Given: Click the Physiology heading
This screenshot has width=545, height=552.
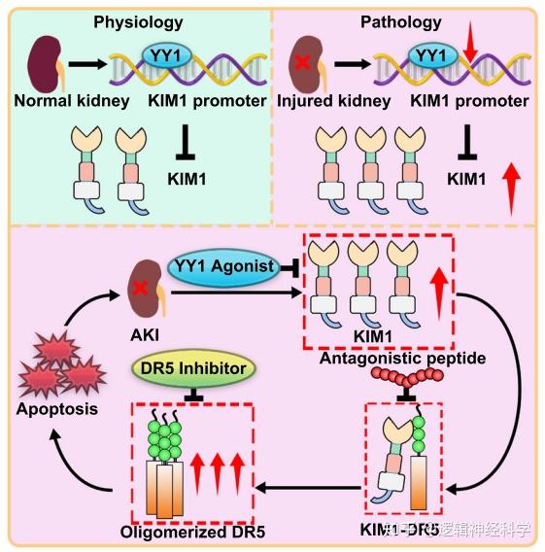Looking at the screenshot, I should point(137,20).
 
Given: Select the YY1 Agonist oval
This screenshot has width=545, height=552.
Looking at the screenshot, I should point(222,266).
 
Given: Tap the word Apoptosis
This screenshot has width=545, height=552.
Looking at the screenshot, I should point(57,408).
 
